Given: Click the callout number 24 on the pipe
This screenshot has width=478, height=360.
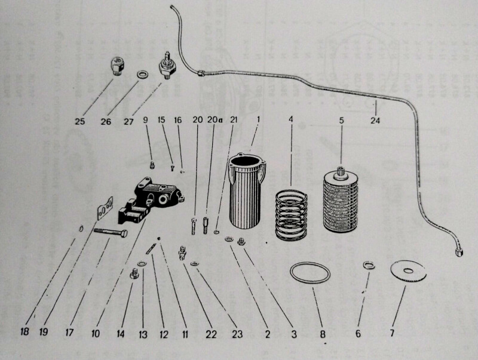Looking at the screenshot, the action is point(375,121).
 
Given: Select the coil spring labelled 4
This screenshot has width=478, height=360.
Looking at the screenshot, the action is point(291,215).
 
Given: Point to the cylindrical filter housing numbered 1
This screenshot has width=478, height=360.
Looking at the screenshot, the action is point(247,191).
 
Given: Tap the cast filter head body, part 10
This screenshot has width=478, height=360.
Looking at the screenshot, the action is point(150,201).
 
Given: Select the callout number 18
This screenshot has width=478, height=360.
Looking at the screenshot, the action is point(24,331).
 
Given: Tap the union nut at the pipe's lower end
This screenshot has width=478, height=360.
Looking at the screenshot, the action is point(459,251).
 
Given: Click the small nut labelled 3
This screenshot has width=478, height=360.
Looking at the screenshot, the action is point(242,241).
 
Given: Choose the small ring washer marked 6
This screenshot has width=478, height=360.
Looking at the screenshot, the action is point(369,266).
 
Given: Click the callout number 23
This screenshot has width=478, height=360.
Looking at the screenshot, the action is point(237,334).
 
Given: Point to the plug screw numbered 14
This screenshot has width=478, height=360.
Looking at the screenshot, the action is point(134,273).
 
